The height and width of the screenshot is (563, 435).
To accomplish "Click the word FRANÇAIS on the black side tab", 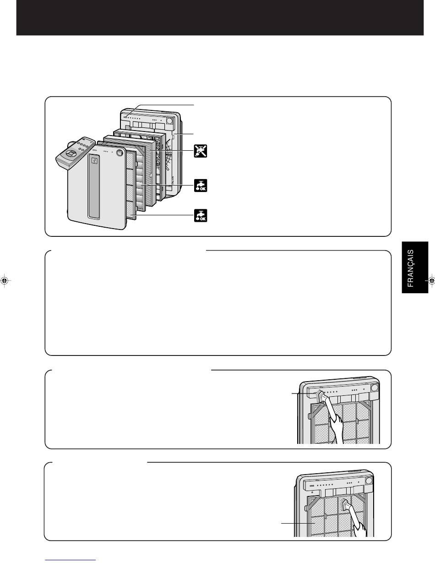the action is click(x=411, y=268).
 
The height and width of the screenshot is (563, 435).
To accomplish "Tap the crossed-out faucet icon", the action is click(x=201, y=151).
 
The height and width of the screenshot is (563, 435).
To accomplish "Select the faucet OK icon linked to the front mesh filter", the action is click(x=201, y=215).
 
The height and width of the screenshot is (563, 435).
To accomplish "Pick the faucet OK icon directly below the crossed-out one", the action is click(x=201, y=186).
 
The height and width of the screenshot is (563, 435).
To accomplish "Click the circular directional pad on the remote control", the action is click(x=70, y=153).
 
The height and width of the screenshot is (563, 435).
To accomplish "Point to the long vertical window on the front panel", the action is click(x=94, y=186).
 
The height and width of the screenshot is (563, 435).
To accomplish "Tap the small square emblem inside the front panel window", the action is click(x=94, y=161).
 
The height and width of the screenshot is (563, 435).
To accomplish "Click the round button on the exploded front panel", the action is click(x=119, y=153).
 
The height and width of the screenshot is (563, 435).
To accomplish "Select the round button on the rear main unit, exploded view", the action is click(x=170, y=121).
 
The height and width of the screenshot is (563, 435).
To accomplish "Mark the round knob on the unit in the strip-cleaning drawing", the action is click(x=375, y=388).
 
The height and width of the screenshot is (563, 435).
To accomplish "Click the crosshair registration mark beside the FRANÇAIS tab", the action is click(x=431, y=281).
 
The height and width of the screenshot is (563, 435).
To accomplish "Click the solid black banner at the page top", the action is click(x=220, y=17).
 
